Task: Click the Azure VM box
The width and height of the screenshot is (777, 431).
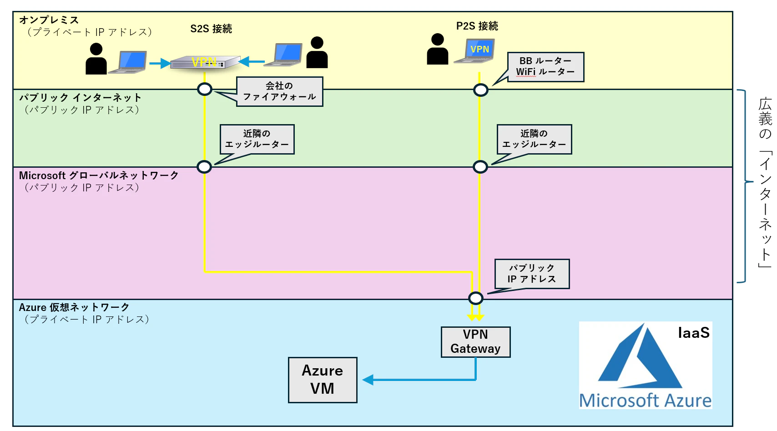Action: (323, 380)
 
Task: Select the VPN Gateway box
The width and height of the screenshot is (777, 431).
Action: (475, 342)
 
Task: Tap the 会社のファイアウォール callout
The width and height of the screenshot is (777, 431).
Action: (280, 91)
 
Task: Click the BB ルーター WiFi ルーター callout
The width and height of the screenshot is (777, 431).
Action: (545, 67)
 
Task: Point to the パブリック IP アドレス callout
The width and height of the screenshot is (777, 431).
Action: (532, 274)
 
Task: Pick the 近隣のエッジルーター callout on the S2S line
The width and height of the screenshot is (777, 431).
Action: (257, 139)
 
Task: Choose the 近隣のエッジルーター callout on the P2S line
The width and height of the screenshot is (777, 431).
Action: (534, 139)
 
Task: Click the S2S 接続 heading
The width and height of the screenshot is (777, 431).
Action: (211, 29)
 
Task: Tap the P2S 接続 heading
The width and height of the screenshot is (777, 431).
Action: (477, 26)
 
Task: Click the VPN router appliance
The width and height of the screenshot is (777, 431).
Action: (205, 62)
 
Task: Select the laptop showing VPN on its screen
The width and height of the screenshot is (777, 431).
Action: (475, 51)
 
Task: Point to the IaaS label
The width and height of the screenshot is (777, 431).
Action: (694, 332)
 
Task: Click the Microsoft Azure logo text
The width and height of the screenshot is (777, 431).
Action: (645, 401)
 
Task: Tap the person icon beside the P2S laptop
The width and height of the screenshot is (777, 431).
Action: (438, 49)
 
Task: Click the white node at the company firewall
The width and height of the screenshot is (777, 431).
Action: (205, 89)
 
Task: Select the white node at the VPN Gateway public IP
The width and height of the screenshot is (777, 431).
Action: (475, 298)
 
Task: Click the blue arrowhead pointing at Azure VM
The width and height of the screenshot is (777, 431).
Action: (368, 380)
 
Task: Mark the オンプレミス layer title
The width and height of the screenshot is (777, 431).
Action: (49, 20)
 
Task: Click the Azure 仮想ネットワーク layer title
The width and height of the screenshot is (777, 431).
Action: (74, 307)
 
